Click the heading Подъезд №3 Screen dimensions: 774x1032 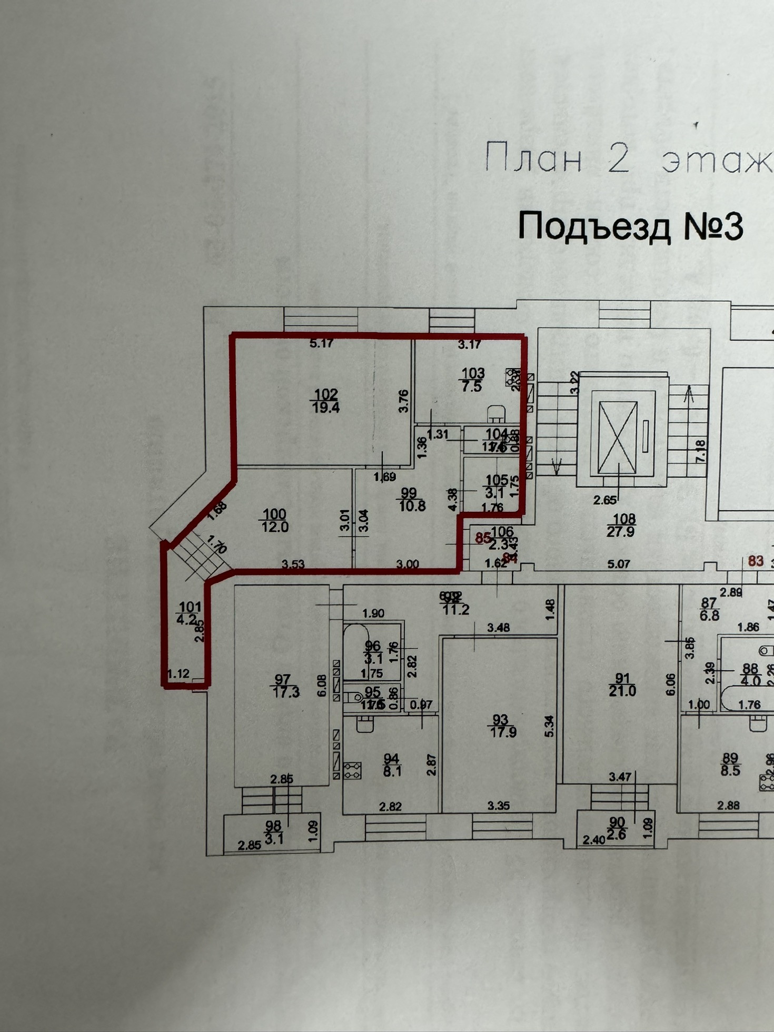[x=630, y=226]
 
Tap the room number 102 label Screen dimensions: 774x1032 [x=326, y=394]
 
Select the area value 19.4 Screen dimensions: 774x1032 [x=326, y=407]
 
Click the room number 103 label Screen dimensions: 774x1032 [x=473, y=373]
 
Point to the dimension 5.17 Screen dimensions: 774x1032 [x=322, y=344]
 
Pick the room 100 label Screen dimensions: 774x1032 [x=274, y=514]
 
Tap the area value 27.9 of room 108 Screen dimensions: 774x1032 [x=621, y=531]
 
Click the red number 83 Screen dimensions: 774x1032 [x=756, y=561]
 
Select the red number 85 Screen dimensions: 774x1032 [x=483, y=538]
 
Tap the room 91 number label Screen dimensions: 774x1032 [x=622, y=678]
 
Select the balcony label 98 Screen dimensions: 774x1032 [x=273, y=826]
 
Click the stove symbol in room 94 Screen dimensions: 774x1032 [x=352, y=771]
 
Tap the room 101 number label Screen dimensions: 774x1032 [x=190, y=608]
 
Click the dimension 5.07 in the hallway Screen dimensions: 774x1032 [x=619, y=564]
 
